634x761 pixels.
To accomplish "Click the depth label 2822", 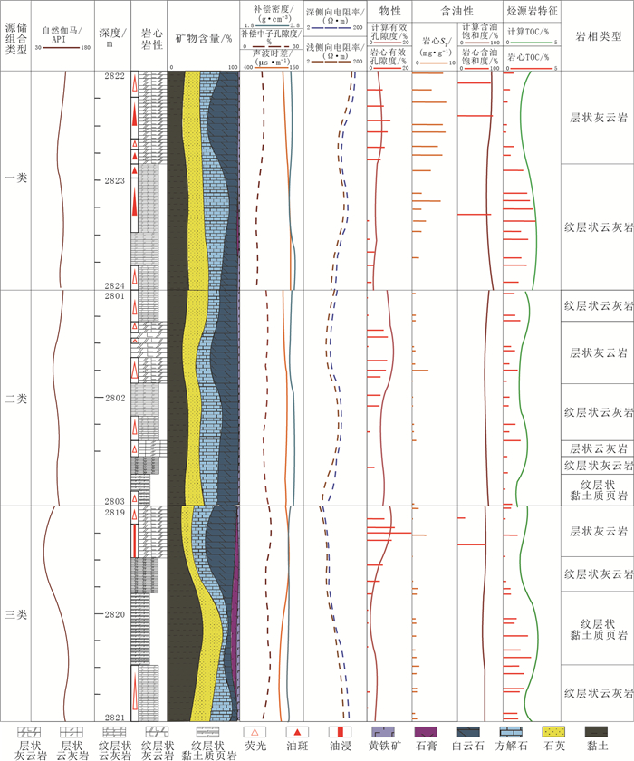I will coord(114,77).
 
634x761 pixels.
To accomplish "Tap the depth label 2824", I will coord(114,285).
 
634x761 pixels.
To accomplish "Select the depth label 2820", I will coord(114,614).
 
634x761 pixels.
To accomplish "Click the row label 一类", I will coord(15,178).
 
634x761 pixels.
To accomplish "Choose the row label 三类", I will coord(15,614).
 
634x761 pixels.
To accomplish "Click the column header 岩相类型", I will coord(598,35).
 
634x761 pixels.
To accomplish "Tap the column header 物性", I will coord(390,10).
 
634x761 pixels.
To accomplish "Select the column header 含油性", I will coord(457,10).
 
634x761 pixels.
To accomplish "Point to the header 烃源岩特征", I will coord(533,10).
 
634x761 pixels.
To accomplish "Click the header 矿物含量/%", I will coord(204,39).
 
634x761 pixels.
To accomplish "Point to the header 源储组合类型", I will coord(15,35).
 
